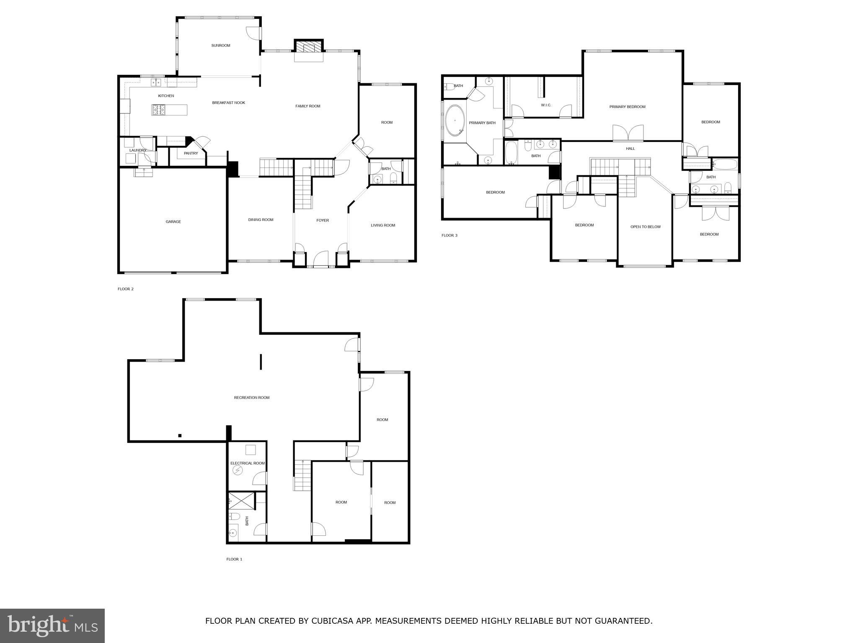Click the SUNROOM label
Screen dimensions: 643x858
tap(221, 46)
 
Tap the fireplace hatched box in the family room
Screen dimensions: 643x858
tap(309, 46)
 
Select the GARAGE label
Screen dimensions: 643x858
tap(173, 222)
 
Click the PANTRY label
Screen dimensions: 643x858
tap(191, 154)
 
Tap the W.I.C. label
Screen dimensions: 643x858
tap(546, 105)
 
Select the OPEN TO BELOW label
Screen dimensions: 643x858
tap(645, 227)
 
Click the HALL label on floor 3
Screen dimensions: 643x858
tap(630, 149)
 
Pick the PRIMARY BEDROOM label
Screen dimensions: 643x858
tap(627, 107)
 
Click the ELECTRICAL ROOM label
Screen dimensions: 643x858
tap(247, 463)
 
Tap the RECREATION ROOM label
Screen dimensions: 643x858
tap(251, 398)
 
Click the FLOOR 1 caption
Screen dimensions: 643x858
tap(234, 559)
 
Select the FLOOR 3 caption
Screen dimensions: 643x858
tap(449, 235)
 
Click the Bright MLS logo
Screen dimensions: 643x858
tap(52, 626)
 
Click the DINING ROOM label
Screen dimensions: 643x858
tap(261, 220)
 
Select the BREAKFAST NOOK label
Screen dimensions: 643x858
tap(228, 103)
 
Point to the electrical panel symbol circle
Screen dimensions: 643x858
tap(238, 471)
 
